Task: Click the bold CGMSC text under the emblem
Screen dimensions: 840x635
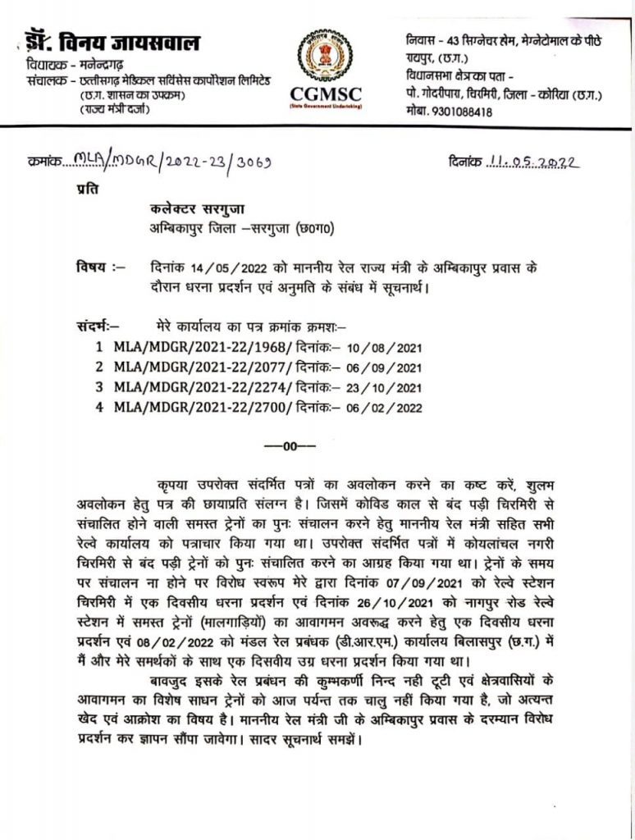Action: [326, 94]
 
